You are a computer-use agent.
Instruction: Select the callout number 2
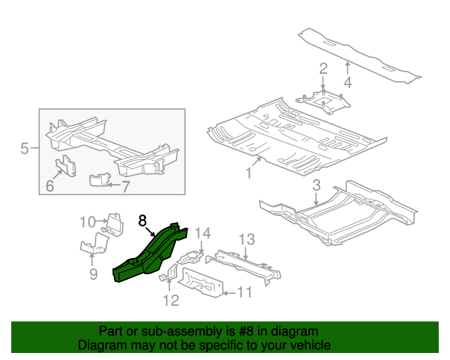coord(323,69)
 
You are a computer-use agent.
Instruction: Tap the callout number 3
coord(316,186)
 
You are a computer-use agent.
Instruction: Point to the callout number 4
coord(347,82)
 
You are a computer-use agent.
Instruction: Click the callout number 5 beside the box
coord(24,148)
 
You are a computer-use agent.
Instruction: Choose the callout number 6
coord(50,186)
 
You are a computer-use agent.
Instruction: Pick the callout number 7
coord(126,187)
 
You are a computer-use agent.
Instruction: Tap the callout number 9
coord(94,274)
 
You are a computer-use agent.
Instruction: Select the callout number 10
coord(86,222)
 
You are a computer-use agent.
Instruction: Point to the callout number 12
coord(171,301)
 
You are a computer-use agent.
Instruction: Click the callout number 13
coord(245,240)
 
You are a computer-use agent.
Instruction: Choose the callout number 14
coord(202,233)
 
